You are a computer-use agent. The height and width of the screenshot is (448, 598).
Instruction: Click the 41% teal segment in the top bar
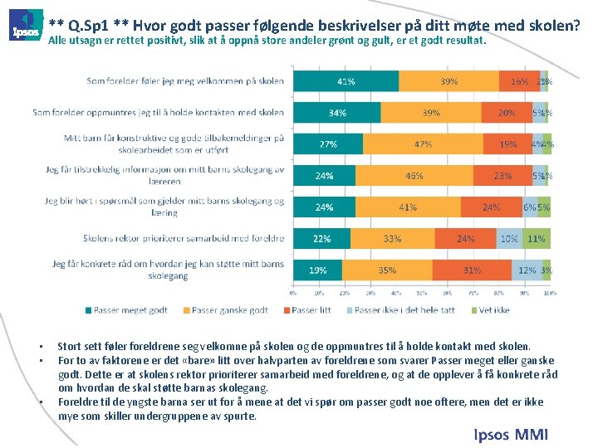pos(346,81)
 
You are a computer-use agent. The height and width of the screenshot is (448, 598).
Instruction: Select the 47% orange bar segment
pos(423,144)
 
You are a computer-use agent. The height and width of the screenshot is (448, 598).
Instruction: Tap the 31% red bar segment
pos(472,270)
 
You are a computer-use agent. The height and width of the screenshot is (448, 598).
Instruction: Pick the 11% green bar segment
pos(537,239)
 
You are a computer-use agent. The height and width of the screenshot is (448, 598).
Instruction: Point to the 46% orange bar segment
pos(414,176)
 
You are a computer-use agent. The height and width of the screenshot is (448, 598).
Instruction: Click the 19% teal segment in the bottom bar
pos(317,270)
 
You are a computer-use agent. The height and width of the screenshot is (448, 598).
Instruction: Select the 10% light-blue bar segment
pos(509,239)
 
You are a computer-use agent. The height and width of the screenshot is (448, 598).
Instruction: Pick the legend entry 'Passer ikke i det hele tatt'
pos(405,310)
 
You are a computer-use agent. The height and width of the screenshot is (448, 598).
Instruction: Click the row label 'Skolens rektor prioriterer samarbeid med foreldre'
pos(184,238)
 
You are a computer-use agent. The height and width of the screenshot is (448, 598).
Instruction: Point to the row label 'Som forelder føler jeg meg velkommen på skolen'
pos(185,81)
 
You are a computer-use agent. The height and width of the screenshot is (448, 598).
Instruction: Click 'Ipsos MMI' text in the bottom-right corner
pos(510,434)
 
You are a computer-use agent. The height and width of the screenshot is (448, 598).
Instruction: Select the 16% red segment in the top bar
pos(519,81)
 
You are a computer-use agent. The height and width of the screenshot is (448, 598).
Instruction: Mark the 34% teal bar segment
pos(337,113)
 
